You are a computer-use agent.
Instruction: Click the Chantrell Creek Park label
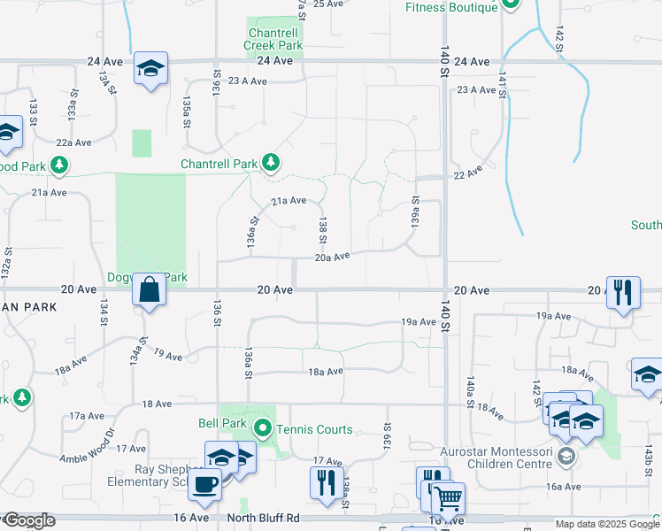(x=275, y=39)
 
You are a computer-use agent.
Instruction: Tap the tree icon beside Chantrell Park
(x=271, y=163)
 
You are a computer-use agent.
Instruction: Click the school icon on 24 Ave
(x=151, y=67)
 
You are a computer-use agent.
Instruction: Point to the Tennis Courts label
(x=314, y=430)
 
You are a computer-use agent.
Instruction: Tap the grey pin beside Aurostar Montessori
(x=567, y=457)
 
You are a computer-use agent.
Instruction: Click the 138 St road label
(x=324, y=232)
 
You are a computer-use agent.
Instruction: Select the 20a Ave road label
(x=333, y=257)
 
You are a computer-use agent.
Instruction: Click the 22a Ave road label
(x=74, y=142)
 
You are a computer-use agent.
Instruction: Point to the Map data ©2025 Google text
(x=606, y=524)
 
